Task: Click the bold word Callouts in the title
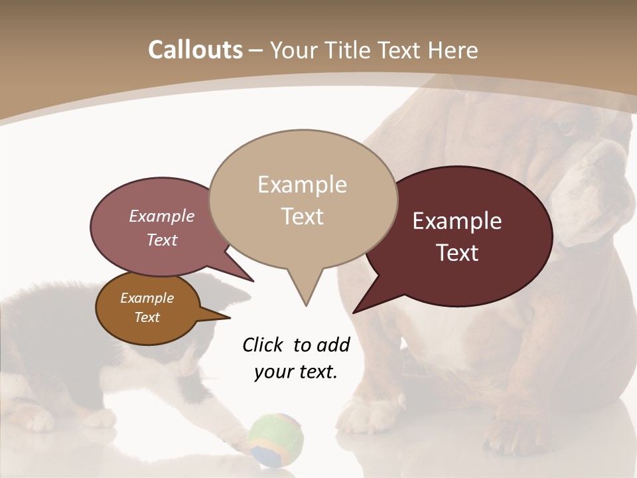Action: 195,50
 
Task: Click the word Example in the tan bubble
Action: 302,185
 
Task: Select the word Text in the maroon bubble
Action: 457,253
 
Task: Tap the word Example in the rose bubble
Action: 162,216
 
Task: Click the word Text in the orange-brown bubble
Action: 147,317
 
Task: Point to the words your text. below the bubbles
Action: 296,372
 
